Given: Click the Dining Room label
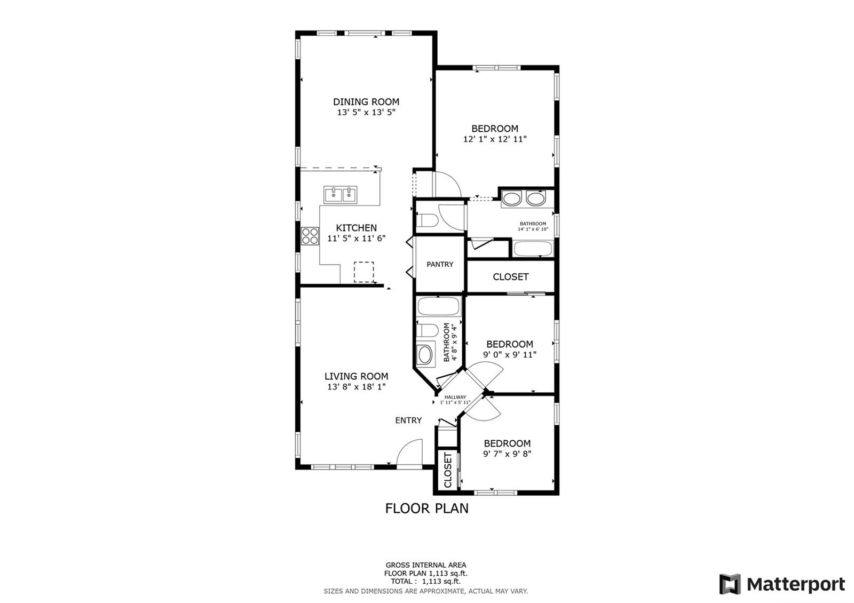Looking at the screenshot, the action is pos(366,102).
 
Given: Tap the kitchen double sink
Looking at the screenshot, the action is pos(340,195).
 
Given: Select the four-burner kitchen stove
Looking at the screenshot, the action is pos(310,236).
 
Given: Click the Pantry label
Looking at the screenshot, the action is pos(440,264).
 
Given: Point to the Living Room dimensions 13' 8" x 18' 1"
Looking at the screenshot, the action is pos(356,386).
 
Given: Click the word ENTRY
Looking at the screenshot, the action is pos(408,420).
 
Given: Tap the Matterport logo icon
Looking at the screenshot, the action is pos(730,584).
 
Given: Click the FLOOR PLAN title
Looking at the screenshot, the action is pos(426,508).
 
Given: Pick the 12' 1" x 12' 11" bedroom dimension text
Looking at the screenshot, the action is pos(494,139).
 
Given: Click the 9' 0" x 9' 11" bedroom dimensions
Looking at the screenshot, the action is pos(509,354).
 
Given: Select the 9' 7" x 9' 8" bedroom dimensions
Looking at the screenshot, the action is pos(507,454).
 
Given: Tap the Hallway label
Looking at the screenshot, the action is pos(455,397).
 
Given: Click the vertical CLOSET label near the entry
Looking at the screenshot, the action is pos(448,470).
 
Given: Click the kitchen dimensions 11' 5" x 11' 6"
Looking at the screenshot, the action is pos(356,238).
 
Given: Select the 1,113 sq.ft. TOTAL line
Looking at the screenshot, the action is pos(425,581).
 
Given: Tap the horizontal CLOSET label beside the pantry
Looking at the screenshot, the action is pos(510,277).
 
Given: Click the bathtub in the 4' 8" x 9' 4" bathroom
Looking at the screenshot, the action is pos(438,306).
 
